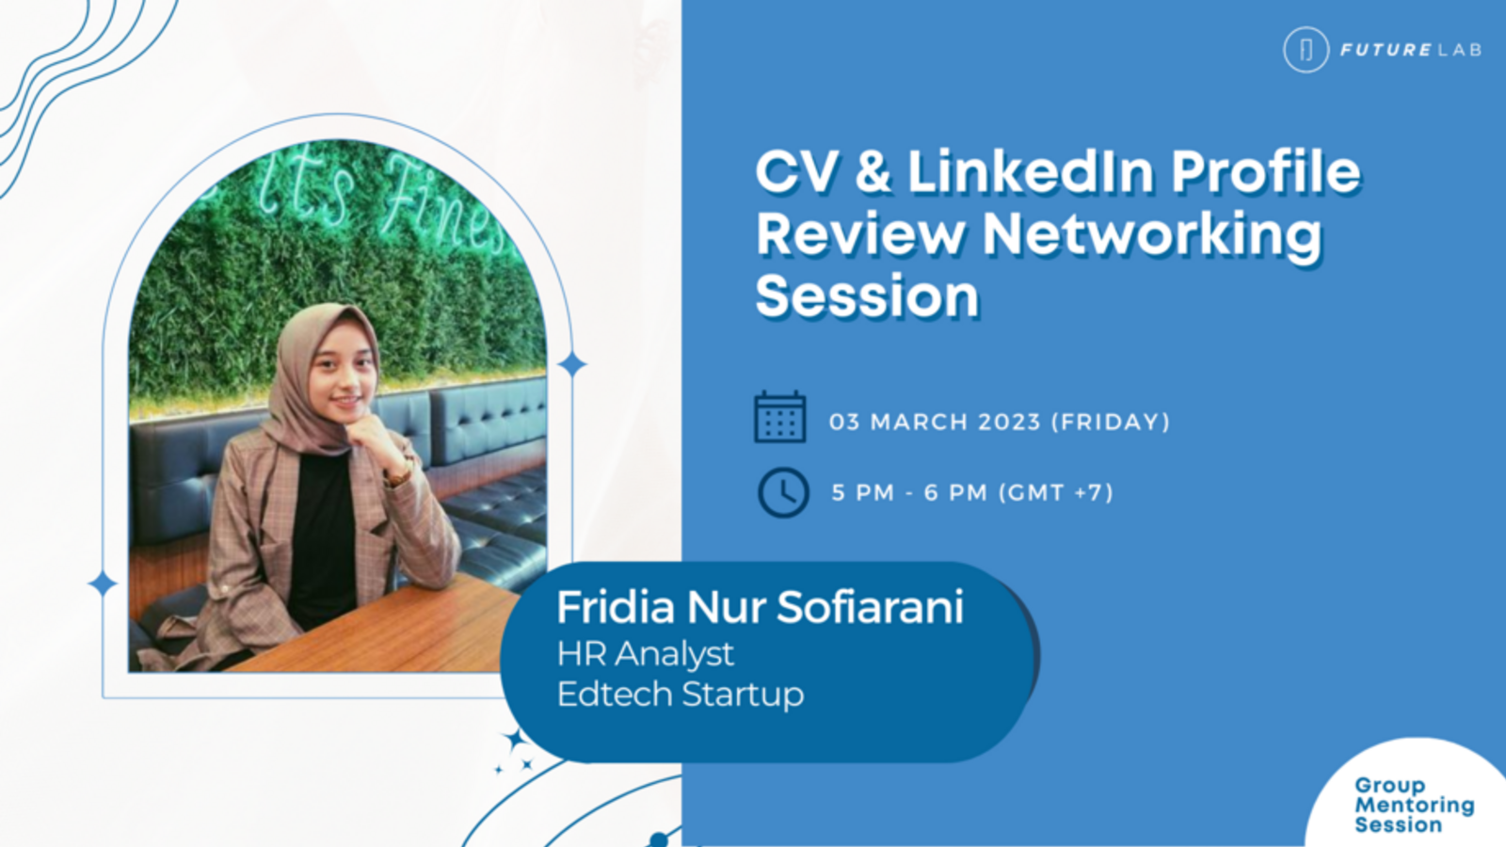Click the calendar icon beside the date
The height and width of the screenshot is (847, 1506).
point(780,417)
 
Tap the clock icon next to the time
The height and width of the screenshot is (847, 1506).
point(783,493)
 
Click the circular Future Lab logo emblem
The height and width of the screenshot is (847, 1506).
point(1306,50)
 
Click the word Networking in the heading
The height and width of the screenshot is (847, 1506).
point(1152,235)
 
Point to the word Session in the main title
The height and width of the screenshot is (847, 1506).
point(867,296)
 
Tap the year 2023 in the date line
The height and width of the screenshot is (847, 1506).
point(1009,423)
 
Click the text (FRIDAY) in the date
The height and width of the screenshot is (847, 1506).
point(1111,423)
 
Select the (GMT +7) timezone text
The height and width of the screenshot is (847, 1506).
point(1056,493)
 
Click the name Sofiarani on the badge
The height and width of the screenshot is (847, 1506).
point(871,607)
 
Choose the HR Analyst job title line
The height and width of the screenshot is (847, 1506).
point(646,654)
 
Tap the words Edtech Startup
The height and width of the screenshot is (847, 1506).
point(681,695)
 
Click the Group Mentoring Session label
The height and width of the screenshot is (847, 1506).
point(1414,805)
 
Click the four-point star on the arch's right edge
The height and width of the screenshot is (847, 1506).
point(572,365)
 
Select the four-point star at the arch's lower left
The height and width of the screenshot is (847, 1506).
point(103,583)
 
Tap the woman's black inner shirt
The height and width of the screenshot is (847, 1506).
point(321,537)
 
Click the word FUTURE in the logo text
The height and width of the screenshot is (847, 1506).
point(1375,51)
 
